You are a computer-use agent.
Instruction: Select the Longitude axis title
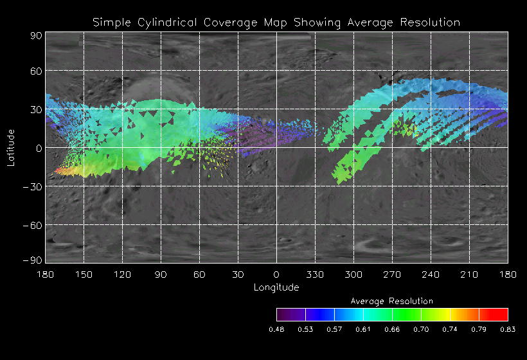[276, 287]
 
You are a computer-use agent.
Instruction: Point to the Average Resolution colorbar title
[392, 301]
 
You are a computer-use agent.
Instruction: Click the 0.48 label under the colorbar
[276, 329]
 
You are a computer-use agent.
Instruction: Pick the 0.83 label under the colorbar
[508, 329]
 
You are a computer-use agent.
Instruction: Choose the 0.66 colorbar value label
[392, 329]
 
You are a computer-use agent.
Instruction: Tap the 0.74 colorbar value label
[450, 329]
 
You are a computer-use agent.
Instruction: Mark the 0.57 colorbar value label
[334, 329]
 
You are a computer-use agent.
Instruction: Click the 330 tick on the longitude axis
[315, 274]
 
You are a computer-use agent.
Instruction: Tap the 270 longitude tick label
[392, 274]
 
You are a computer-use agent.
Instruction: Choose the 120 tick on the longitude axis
[122, 274]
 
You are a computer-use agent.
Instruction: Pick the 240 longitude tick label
[431, 274]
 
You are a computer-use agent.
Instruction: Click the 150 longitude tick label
[84, 274]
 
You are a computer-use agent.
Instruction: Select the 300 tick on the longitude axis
[353, 274]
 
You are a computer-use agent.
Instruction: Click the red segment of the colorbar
[494, 314]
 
